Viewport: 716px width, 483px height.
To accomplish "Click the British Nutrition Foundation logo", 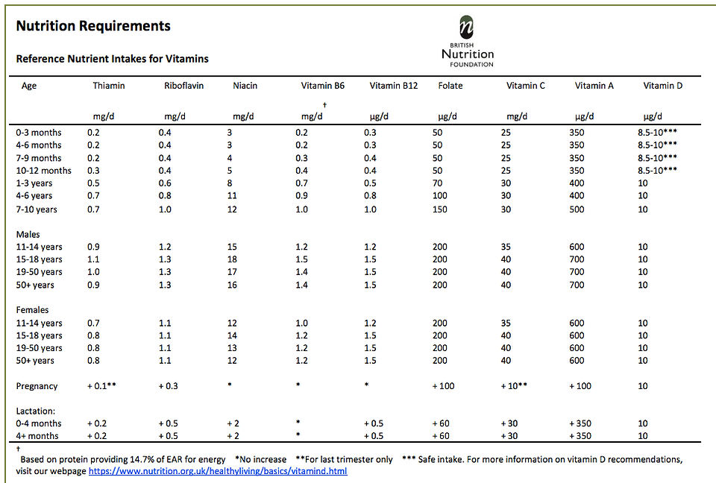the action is [468, 42].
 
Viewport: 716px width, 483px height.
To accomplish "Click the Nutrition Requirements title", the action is [93, 26].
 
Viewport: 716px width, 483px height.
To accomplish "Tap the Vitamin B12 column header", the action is [394, 86].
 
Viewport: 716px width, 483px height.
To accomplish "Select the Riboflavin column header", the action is [184, 86].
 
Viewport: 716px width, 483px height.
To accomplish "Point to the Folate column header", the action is [450, 86].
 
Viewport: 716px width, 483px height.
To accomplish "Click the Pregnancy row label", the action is [37, 386].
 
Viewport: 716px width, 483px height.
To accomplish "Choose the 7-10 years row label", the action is [37, 209].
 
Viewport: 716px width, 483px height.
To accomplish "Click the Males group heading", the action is [28, 234].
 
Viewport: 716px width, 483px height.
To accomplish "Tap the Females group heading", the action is [32, 309].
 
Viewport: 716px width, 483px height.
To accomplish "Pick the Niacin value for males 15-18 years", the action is [232, 259].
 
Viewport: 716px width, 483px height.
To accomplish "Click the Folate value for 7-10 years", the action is [440, 209].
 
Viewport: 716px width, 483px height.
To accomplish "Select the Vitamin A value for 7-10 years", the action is [577, 209].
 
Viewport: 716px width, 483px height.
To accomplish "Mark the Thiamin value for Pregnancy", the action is [102, 386].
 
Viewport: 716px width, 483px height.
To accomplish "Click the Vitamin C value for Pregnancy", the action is [514, 386].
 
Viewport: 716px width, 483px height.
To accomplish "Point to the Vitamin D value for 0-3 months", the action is [658, 133].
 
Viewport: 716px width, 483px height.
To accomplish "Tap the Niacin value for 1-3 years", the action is [230, 183].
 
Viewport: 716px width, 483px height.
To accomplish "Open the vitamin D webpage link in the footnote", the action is [218, 470].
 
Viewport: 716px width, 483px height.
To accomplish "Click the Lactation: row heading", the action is [36, 411].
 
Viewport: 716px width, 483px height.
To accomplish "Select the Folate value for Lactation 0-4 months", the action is [441, 423].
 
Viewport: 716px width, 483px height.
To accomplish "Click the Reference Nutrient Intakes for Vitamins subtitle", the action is [113, 59].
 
